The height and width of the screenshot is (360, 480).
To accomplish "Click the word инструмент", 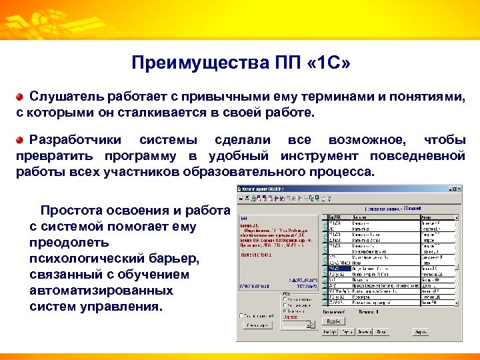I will click(x=319, y=156).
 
